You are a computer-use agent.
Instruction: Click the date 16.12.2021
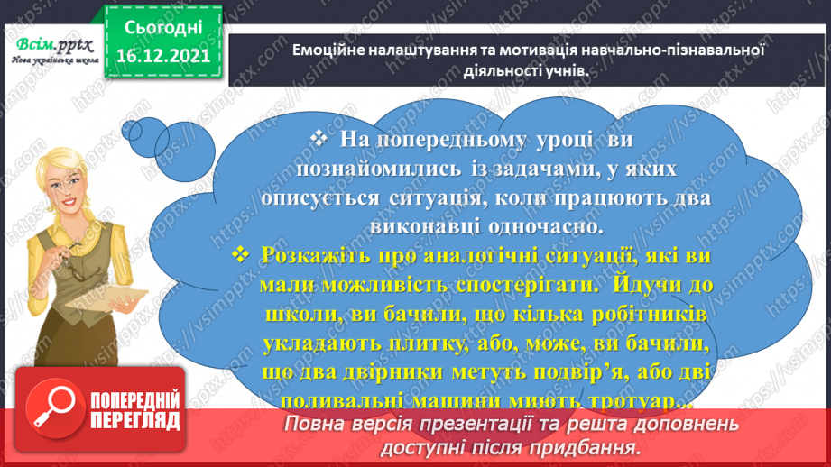163,55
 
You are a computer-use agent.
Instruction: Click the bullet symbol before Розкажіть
241,256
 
